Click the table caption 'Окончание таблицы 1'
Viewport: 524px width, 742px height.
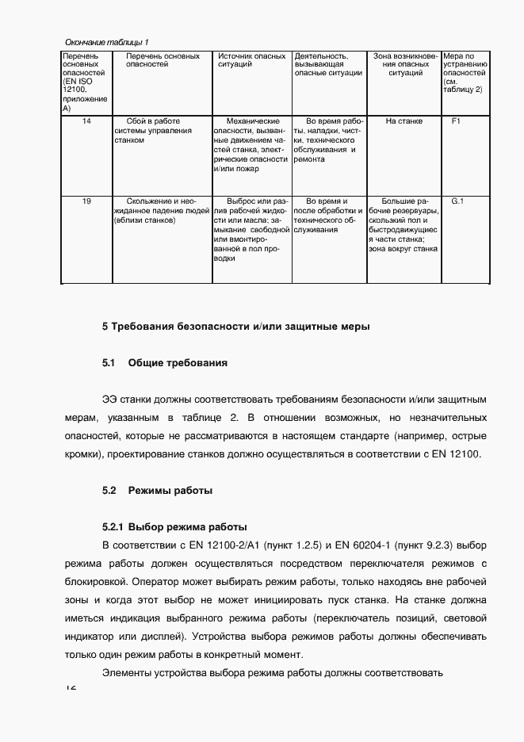[105, 41]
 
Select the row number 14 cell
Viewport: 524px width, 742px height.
[86, 121]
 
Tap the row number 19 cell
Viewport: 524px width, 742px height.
[86, 201]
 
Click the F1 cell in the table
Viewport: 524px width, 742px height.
[456, 121]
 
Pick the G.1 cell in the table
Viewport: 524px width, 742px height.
[457, 201]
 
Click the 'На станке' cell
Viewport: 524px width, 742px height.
[404, 121]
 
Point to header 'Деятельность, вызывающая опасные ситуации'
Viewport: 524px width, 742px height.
[328, 64]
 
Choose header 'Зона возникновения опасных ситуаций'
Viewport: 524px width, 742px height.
[404, 64]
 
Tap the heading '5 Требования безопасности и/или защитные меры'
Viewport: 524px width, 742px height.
[235, 326]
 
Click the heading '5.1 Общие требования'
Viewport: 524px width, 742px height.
[165, 363]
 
